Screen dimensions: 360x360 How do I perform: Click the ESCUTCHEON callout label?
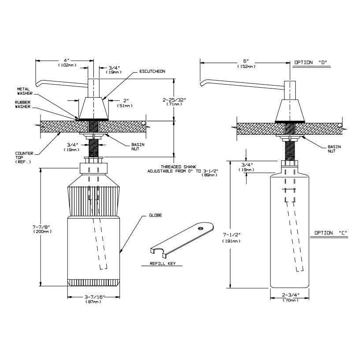[152, 71]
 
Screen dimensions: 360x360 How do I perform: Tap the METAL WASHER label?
[23, 91]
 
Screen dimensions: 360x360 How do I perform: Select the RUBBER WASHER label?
[23, 104]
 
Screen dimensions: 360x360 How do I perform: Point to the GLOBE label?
[156, 215]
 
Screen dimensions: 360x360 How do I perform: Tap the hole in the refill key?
[200, 228]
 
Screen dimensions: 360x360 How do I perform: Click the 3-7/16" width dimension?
[93, 297]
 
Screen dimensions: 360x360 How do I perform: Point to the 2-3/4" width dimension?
[290, 295]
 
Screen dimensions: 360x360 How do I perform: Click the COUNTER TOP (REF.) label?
[23, 158]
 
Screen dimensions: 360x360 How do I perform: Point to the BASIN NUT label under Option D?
[334, 148]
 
